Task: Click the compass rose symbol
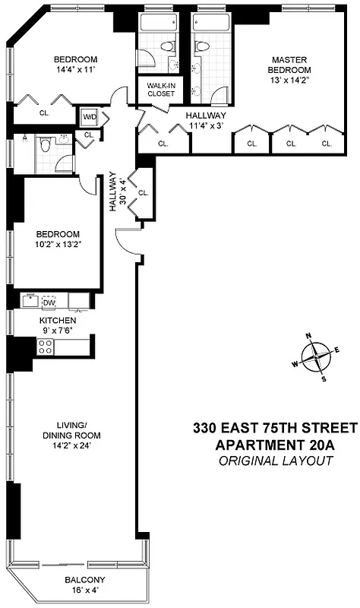click(x=315, y=356)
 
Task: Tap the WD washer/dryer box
click(x=89, y=117)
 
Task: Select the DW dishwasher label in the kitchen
click(x=49, y=303)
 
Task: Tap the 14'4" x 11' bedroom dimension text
click(x=75, y=73)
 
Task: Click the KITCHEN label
click(x=57, y=321)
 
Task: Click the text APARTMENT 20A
click(x=273, y=445)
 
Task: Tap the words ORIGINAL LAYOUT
click(x=273, y=461)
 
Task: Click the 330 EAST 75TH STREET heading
click(x=273, y=428)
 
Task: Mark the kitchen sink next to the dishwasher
click(x=30, y=302)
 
